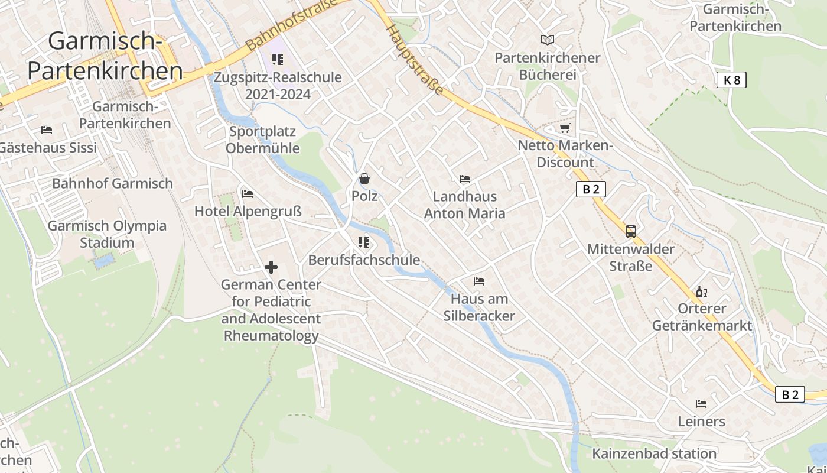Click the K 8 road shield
click(731, 80)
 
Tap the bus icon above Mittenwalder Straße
click(630, 231)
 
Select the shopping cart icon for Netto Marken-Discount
click(565, 128)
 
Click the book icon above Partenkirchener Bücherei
click(548, 40)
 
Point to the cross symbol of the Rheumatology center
click(271, 267)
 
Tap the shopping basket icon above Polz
click(364, 178)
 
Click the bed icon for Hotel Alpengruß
click(248, 193)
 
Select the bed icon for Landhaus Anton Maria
click(465, 179)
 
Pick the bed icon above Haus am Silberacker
click(479, 281)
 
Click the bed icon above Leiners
click(701, 404)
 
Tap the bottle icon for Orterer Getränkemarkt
click(702, 291)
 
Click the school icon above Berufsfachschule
click(364, 242)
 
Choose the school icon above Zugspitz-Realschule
click(277, 59)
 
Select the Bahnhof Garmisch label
click(112, 183)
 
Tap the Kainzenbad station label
click(654, 454)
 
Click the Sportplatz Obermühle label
click(263, 140)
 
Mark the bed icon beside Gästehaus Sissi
click(47, 130)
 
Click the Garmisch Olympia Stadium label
click(107, 234)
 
